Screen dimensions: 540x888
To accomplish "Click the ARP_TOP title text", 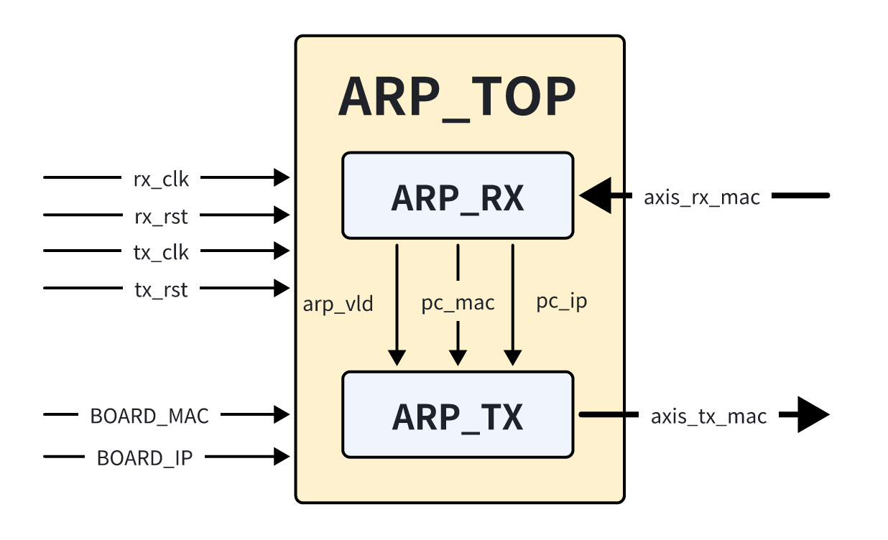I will pyautogui.click(x=457, y=98).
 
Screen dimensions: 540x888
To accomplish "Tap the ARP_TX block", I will pyautogui.click(x=457, y=416).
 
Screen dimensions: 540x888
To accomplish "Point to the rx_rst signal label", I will pyautogui.click(x=161, y=215).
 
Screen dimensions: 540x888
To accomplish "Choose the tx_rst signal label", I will pyautogui.click(x=161, y=290).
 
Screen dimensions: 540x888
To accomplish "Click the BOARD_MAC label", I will pyautogui.click(x=149, y=416).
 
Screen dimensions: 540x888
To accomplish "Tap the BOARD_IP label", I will pyautogui.click(x=144, y=457).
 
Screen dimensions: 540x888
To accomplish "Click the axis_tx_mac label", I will pyautogui.click(x=708, y=416).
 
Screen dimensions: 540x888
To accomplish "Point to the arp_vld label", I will pyautogui.click(x=338, y=304).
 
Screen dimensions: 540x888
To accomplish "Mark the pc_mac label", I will pyautogui.click(x=458, y=303).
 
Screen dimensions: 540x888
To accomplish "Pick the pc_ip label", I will pyautogui.click(x=562, y=301).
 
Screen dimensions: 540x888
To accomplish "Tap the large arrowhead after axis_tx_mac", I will pyautogui.click(x=813, y=415).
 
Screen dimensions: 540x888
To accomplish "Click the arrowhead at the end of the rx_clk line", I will pyautogui.click(x=282, y=177).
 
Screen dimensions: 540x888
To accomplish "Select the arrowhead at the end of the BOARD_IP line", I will pyautogui.click(x=282, y=457).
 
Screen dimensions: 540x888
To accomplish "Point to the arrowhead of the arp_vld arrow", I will pyautogui.click(x=397, y=357).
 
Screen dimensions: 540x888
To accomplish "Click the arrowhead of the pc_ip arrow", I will pyautogui.click(x=512, y=357).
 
